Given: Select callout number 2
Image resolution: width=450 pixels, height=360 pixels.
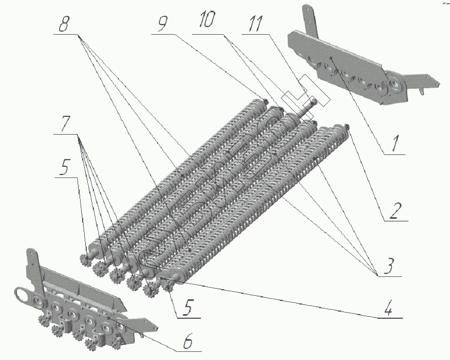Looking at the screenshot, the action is pyautogui.click(x=393, y=212).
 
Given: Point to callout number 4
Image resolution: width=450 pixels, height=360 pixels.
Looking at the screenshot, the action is pyautogui.click(x=388, y=308).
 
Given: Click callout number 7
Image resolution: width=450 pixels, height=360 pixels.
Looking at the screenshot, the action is pyautogui.click(x=65, y=124).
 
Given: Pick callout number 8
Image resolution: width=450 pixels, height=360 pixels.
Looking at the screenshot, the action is pyautogui.click(x=64, y=24).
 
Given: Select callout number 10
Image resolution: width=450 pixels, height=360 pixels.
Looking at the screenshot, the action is pyautogui.click(x=207, y=20).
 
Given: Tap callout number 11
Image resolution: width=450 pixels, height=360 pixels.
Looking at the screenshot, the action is pyautogui.click(x=256, y=23).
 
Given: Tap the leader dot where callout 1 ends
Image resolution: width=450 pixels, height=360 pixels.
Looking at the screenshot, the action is pyautogui.click(x=332, y=58).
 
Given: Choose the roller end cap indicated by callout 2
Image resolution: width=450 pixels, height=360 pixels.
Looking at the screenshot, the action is pyautogui.click(x=347, y=126).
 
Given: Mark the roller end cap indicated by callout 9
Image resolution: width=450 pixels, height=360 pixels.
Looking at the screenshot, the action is pyautogui.click(x=265, y=101).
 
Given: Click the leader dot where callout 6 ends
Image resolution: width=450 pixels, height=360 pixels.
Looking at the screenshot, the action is pyautogui.click(x=108, y=318).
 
